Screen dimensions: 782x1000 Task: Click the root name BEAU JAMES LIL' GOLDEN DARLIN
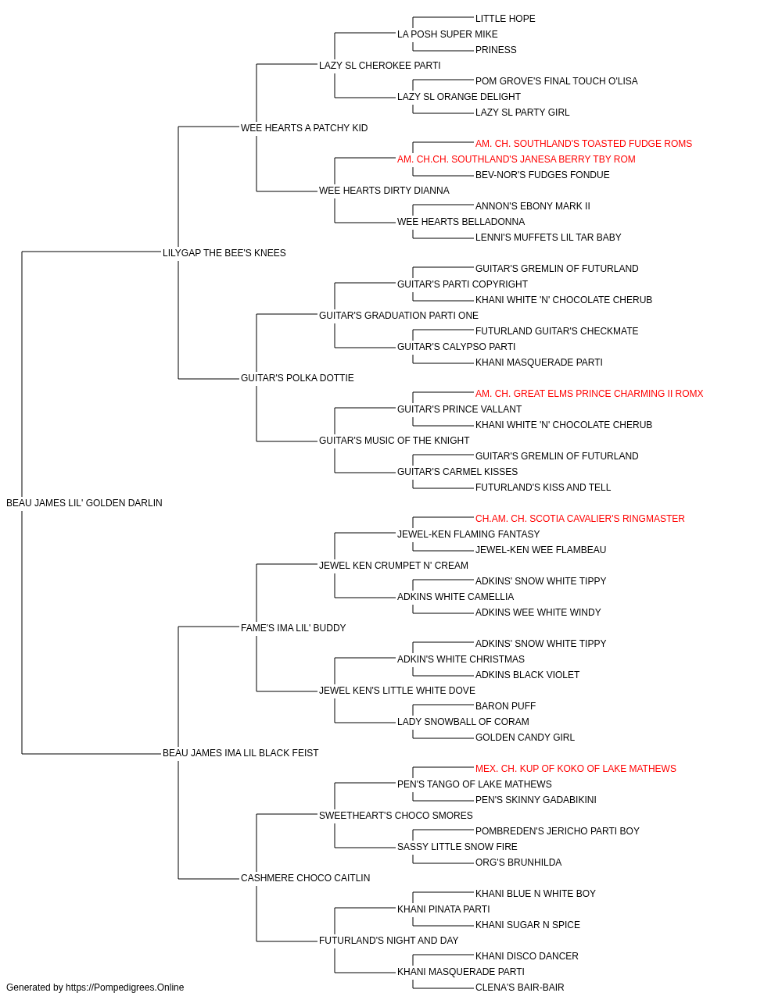[84, 503]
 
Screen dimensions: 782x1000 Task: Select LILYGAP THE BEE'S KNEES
[224, 252]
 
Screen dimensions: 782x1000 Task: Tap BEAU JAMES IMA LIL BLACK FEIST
[240, 753]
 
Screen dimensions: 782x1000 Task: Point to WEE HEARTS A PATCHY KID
[304, 128]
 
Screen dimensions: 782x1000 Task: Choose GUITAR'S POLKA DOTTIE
[297, 378]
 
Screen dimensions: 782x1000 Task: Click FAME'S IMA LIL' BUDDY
[293, 627]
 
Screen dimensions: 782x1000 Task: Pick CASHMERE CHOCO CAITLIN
[305, 877]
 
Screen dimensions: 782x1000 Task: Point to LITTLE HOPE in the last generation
[505, 19]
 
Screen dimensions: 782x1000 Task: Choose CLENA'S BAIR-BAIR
[519, 987]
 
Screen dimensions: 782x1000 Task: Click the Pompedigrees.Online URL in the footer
[124, 987]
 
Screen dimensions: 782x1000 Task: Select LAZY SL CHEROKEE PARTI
[379, 66]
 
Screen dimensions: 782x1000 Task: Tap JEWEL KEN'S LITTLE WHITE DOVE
[397, 691]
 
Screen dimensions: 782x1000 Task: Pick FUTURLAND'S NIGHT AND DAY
[389, 940]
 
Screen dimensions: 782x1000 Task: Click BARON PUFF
[505, 706]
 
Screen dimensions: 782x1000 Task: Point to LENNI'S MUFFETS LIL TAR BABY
[548, 237]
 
